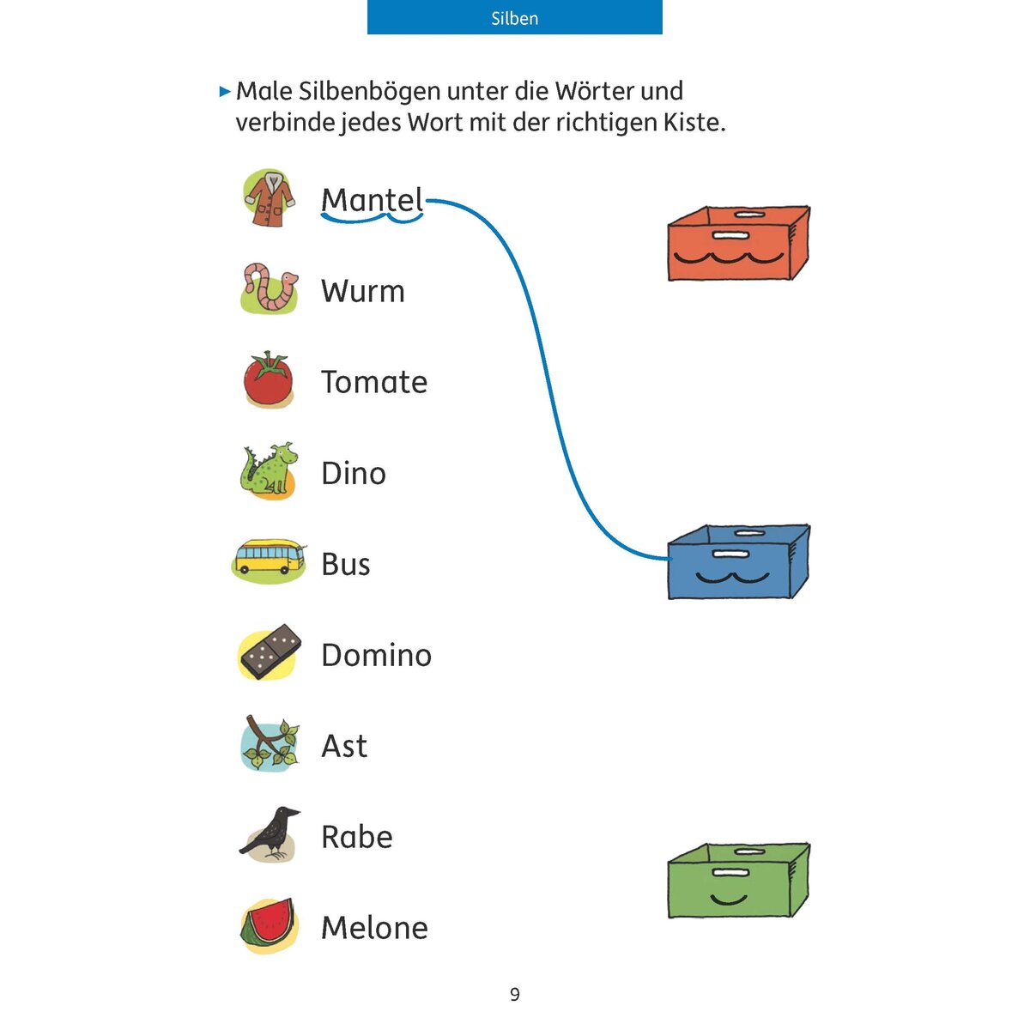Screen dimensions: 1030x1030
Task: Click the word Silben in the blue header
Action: point(514,19)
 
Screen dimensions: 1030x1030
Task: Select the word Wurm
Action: point(363,291)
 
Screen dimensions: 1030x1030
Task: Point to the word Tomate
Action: point(374,382)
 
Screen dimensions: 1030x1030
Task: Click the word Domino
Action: point(376,655)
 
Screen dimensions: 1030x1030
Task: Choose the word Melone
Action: point(375,927)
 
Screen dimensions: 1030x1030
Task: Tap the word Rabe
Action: point(357,837)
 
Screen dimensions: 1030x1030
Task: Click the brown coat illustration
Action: point(269,198)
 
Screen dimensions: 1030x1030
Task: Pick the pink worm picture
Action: point(269,288)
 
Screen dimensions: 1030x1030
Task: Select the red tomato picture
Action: point(269,379)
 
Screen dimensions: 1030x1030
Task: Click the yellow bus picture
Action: point(269,560)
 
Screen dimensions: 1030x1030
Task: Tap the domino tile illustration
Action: point(270,651)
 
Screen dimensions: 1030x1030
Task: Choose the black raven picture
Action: point(269,834)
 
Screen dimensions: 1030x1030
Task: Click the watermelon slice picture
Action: point(268,925)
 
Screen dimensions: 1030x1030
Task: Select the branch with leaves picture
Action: point(269,743)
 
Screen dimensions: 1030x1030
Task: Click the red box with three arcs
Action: point(739,243)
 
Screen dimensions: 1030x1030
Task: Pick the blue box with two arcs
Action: point(739,561)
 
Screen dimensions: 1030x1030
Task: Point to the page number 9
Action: point(515,994)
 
